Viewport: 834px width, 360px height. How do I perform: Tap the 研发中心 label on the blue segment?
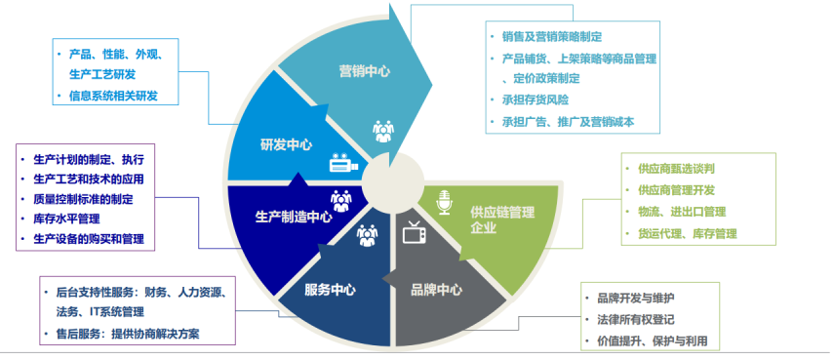coord(286,144)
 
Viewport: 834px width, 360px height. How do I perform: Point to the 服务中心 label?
coord(330,290)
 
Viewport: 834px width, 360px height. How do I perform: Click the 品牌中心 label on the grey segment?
coord(436,290)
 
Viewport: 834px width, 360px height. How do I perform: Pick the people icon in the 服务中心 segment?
coord(367,234)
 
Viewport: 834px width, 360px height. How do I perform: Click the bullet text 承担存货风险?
coord(535,100)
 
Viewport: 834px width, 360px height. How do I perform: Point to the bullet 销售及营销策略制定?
coord(551,36)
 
